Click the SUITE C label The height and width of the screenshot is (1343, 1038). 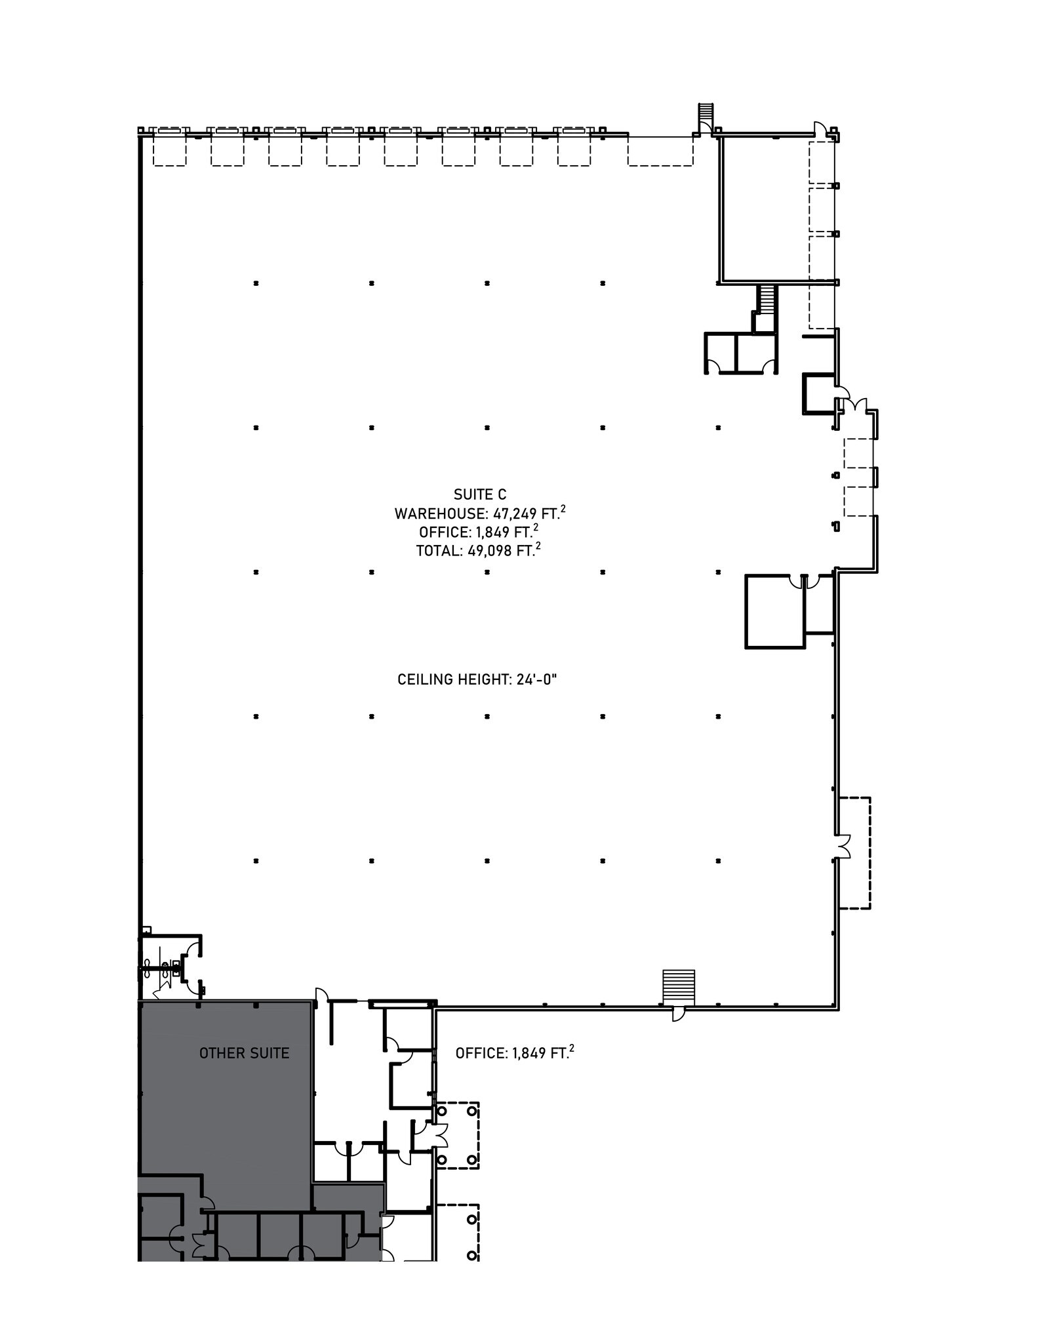coord(480,494)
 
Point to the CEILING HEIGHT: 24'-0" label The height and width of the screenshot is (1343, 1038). coord(477,679)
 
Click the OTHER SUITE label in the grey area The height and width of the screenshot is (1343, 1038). coord(244,1053)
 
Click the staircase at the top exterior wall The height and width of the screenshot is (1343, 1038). coord(705,116)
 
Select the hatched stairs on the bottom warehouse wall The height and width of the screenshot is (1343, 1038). coord(679,987)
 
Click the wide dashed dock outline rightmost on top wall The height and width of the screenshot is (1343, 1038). coord(660,151)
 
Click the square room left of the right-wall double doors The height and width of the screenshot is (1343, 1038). coord(774,611)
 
